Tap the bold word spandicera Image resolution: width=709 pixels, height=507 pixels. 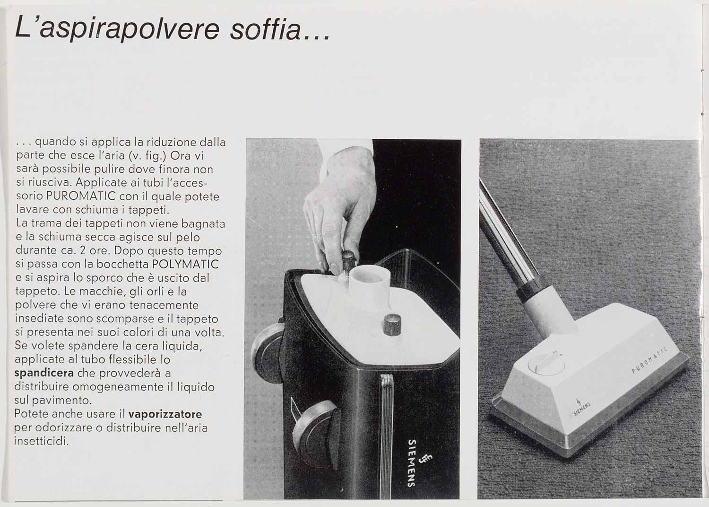click(44, 374)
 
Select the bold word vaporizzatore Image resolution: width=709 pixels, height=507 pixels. click(165, 414)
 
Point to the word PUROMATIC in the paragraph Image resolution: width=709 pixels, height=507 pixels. click(81, 196)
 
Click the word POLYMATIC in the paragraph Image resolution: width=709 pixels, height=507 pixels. click(185, 264)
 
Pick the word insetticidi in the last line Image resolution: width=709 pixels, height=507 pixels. click(42, 441)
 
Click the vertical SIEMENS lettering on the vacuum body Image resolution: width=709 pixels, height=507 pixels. click(412, 463)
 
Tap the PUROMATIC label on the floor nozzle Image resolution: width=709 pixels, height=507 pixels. click(649, 360)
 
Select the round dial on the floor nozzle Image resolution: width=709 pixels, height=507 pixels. click(546, 364)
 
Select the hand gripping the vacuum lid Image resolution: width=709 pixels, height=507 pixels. click(340, 203)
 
